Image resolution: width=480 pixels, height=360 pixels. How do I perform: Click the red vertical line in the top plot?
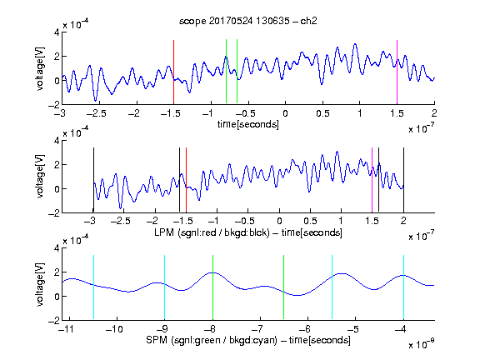(173, 72)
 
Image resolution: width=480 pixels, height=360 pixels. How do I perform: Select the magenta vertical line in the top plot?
(397, 72)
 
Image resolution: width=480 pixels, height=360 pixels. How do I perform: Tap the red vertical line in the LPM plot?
(186, 180)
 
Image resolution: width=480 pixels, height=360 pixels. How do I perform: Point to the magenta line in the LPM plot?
(372, 180)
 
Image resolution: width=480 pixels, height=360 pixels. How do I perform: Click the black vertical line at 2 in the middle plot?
(403, 180)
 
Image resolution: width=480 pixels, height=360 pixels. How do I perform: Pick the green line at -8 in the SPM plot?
(212, 287)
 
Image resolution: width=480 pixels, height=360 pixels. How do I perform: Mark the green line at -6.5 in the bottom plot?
(284, 287)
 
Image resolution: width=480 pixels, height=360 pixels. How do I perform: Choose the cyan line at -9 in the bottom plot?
(165, 287)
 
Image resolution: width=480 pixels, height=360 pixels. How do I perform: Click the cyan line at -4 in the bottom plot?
(403, 287)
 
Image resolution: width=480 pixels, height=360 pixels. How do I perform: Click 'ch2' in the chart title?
(308, 21)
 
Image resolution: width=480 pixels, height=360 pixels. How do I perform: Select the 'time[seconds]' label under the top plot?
(248, 124)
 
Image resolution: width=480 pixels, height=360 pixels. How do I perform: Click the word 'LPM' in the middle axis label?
(164, 232)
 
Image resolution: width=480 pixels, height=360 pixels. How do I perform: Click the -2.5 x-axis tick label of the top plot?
(96, 113)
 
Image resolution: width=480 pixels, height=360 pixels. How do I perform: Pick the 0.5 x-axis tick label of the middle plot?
(310, 221)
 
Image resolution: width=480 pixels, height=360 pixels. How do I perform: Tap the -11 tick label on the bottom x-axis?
(67, 329)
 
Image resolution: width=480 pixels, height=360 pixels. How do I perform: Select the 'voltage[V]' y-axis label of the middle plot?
(40, 177)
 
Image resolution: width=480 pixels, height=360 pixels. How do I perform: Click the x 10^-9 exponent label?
(422, 344)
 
